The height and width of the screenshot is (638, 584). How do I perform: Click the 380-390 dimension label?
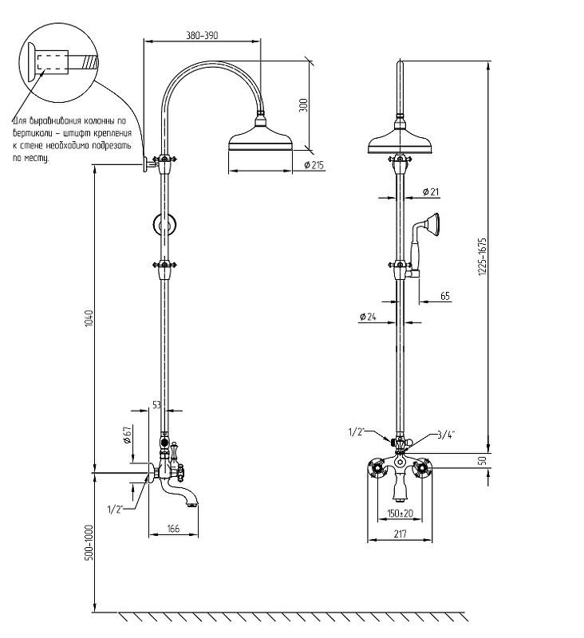tap(202, 35)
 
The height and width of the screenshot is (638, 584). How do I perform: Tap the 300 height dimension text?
tap(304, 105)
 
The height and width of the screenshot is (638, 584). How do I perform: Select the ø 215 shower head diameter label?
tap(314, 165)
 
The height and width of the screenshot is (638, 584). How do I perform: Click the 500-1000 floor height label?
tap(89, 542)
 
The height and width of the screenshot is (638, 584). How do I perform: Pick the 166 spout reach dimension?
tap(173, 529)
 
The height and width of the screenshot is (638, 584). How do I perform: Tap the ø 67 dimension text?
tap(128, 435)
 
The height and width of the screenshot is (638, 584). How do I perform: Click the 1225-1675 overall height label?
tap(482, 257)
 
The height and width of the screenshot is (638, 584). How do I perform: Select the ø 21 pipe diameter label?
tap(431, 191)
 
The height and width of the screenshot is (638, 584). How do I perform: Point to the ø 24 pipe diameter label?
tap(368, 317)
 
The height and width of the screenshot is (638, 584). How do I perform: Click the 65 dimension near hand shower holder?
tap(445, 296)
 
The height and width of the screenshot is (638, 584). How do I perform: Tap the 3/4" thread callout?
tap(446, 435)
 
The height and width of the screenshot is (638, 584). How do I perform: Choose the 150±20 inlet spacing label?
tap(400, 513)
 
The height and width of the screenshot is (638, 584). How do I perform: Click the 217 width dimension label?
tap(400, 534)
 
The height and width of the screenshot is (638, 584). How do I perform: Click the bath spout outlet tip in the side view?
tap(193, 506)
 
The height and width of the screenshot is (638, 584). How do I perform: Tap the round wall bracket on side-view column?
tap(164, 224)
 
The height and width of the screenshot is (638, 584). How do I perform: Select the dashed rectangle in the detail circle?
tap(53, 63)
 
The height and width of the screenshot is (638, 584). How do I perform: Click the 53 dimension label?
tap(156, 404)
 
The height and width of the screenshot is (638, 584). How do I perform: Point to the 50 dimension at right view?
tap(482, 461)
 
